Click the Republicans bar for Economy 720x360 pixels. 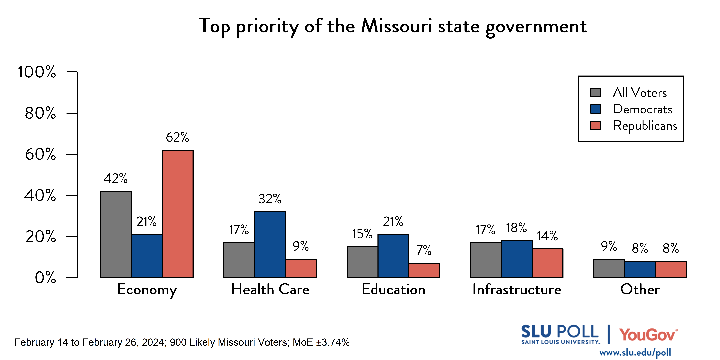coord(178,214)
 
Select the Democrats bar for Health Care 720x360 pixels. coord(270,245)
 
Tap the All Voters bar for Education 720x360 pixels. coord(362,262)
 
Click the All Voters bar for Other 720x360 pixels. coord(609,268)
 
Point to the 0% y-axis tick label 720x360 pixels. coord(45,278)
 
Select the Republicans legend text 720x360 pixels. coord(645,125)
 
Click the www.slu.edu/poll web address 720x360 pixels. coord(635,352)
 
